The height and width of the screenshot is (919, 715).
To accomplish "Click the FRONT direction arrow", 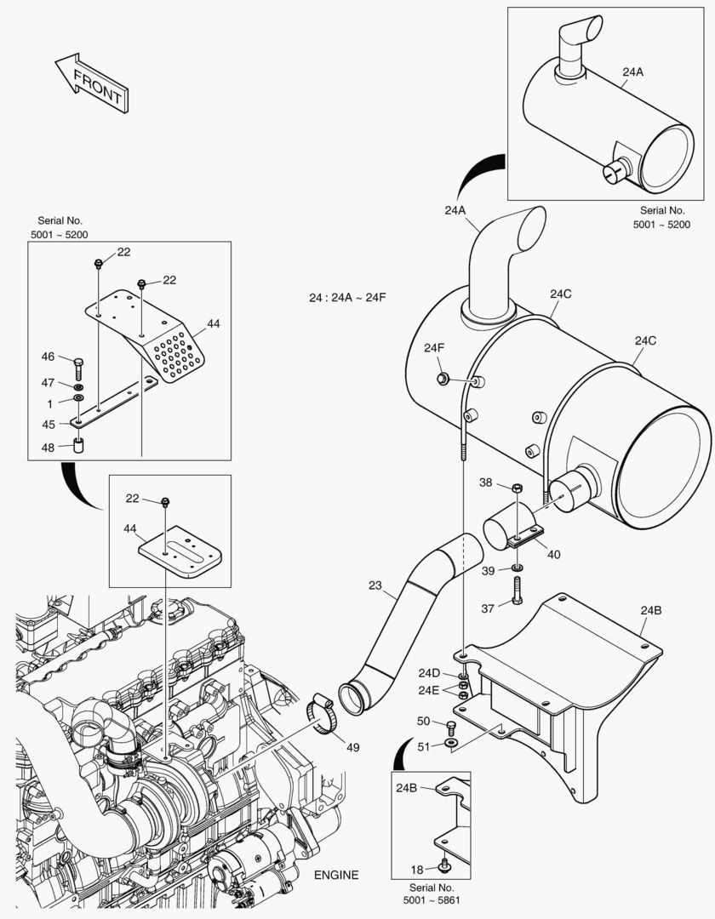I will (x=92, y=83).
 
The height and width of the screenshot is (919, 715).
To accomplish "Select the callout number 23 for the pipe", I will (x=376, y=585).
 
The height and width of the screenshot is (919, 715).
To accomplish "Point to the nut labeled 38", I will (x=517, y=488).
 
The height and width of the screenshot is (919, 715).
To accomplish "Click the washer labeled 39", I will (x=518, y=568).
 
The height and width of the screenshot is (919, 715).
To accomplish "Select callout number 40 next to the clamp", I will (x=553, y=555).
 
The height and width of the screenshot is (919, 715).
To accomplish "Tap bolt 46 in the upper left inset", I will (x=79, y=368).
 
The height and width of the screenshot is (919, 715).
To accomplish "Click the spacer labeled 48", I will (x=78, y=445).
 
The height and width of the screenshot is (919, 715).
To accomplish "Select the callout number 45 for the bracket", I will (x=49, y=424).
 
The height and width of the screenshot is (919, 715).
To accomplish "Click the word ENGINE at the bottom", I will (x=336, y=876).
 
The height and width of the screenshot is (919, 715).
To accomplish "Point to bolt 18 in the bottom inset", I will (x=444, y=866).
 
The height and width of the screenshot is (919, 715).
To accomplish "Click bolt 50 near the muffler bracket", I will (x=451, y=726).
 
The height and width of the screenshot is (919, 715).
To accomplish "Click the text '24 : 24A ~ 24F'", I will (x=347, y=298).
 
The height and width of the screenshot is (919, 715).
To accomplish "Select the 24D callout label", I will (x=429, y=673).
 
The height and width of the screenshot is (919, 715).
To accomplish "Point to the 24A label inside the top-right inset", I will (x=632, y=72).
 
